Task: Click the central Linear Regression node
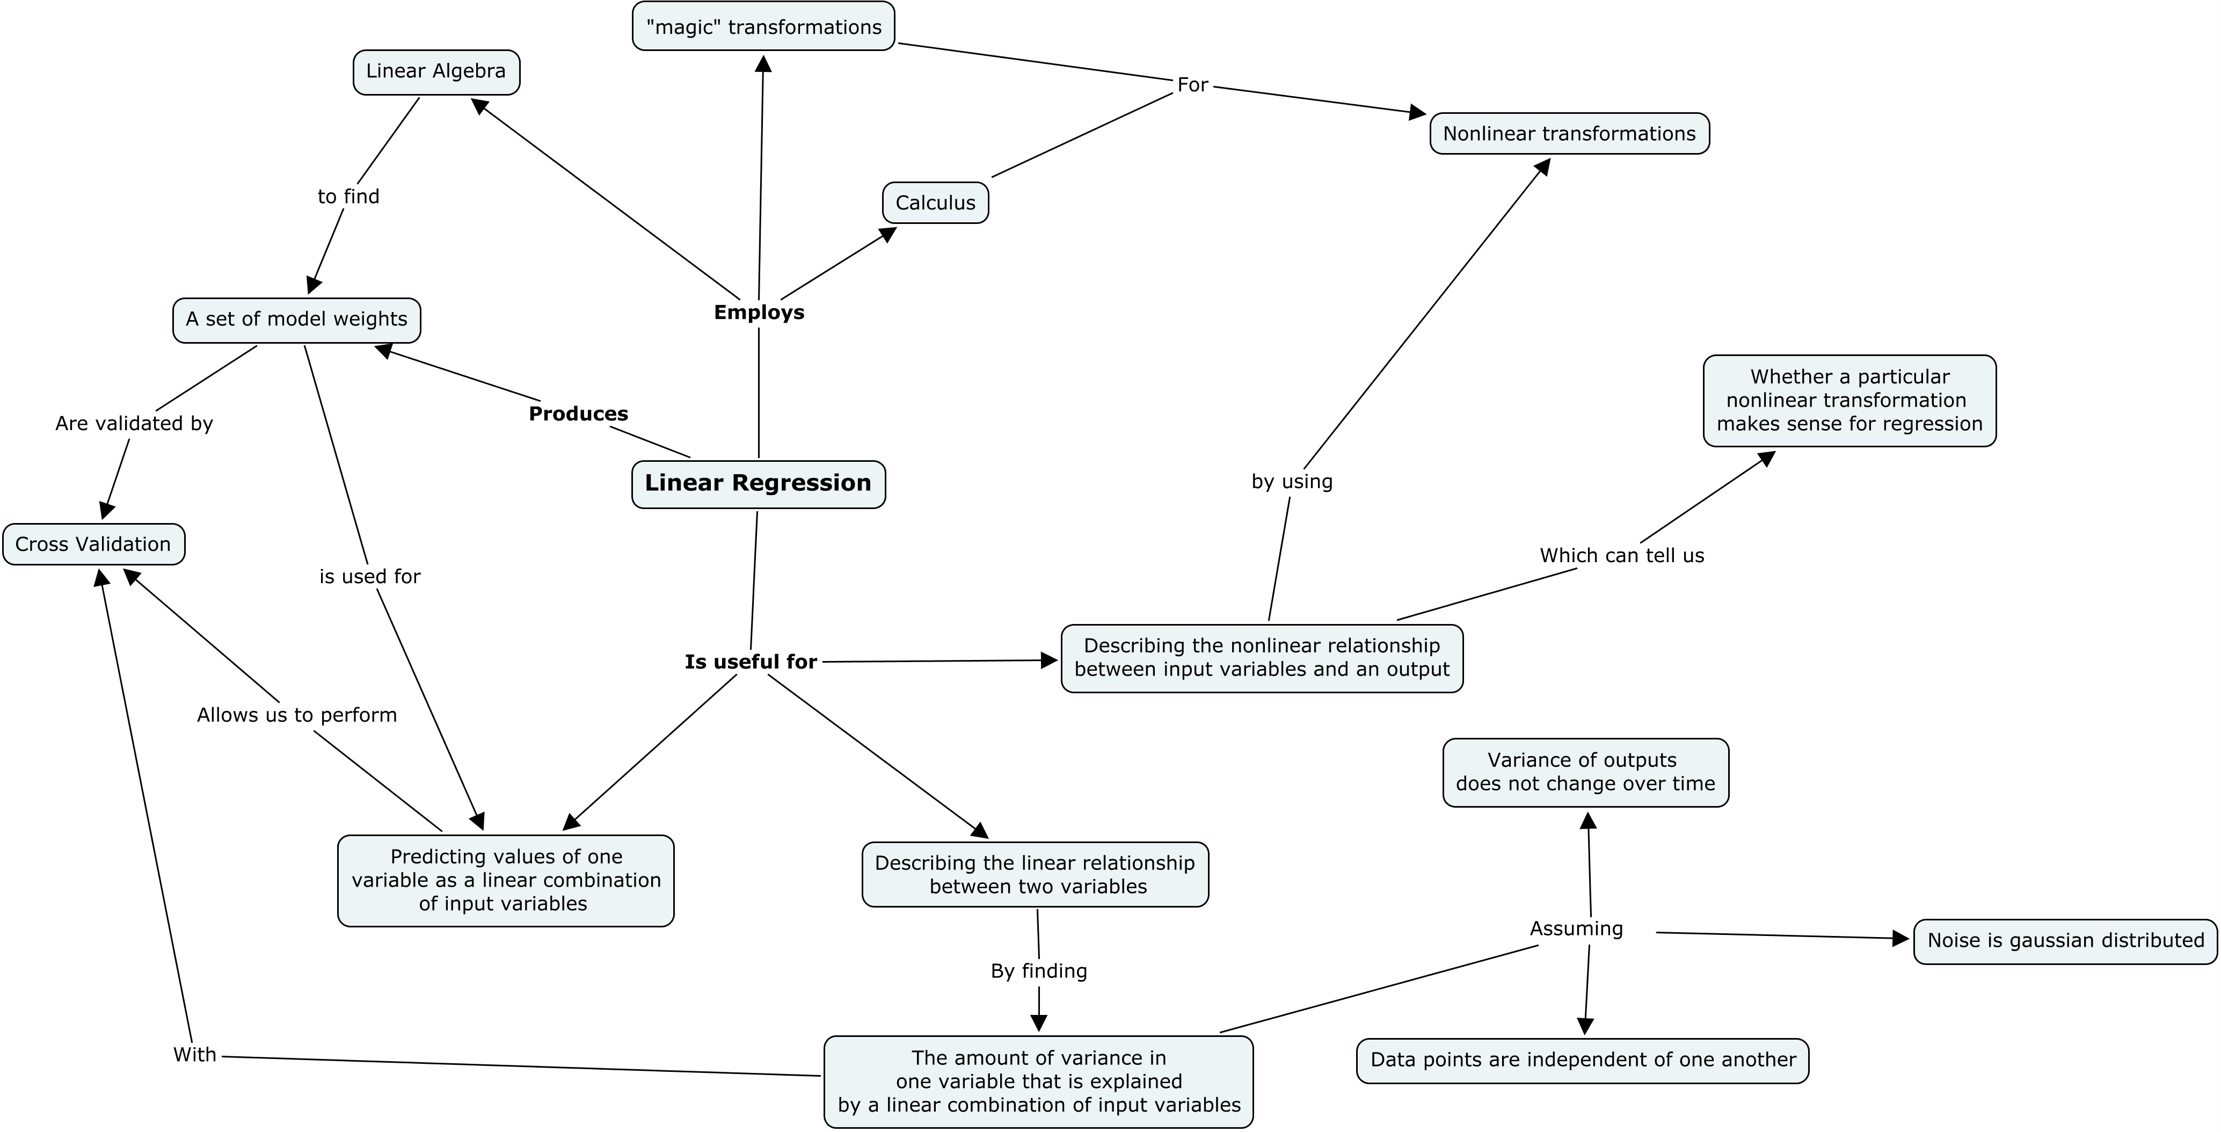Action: pos(759,484)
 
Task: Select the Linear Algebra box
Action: pos(436,71)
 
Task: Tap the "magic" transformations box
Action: pos(764,27)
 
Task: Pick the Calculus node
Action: pos(935,202)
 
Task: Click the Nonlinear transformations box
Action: pos(1569,134)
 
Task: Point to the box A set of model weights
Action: pos(296,320)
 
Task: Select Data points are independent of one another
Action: pos(1583,1061)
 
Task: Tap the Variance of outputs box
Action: pos(1585,773)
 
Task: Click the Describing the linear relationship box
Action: pos(1036,874)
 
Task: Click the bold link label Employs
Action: pos(759,312)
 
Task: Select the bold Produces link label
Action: pos(579,414)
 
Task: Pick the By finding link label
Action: pos(1039,971)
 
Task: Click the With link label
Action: pos(195,1055)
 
